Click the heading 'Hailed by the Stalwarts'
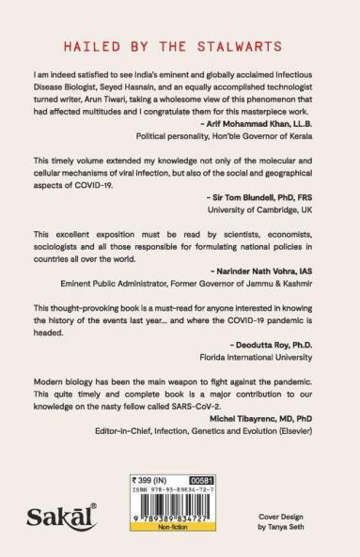point(180,44)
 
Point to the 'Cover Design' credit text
point(293,518)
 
